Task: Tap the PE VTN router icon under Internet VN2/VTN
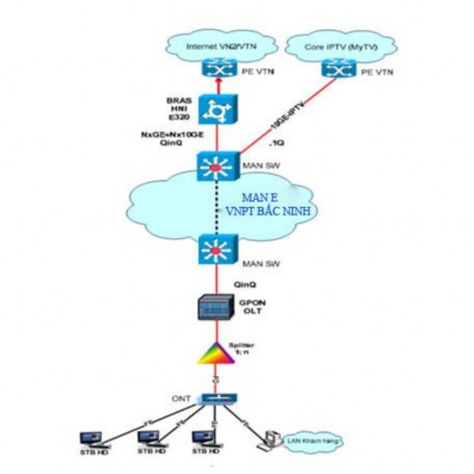(215, 67)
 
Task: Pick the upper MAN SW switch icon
(215, 168)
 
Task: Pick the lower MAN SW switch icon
(215, 250)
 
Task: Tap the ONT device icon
(215, 399)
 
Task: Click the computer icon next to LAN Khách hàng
(265, 437)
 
